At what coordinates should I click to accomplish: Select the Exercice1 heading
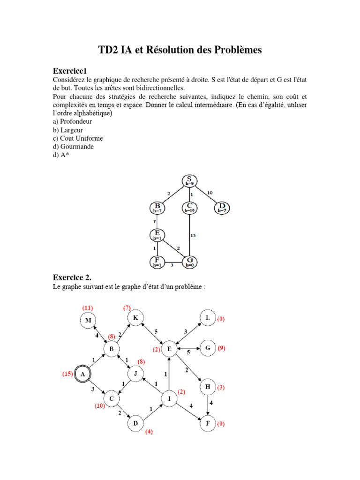(x=70, y=71)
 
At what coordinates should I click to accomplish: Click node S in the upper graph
(x=189, y=180)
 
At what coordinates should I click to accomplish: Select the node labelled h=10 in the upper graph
(x=189, y=208)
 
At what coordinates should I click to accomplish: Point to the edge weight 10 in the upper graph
(x=210, y=193)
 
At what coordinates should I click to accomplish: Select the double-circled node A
(x=83, y=374)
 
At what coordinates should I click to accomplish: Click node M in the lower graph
(x=87, y=320)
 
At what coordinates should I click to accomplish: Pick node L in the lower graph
(x=208, y=318)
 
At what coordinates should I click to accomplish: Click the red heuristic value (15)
(x=68, y=374)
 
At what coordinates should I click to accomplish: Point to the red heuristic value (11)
(x=88, y=307)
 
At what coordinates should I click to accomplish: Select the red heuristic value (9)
(x=222, y=348)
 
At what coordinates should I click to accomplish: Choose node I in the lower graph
(x=169, y=399)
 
